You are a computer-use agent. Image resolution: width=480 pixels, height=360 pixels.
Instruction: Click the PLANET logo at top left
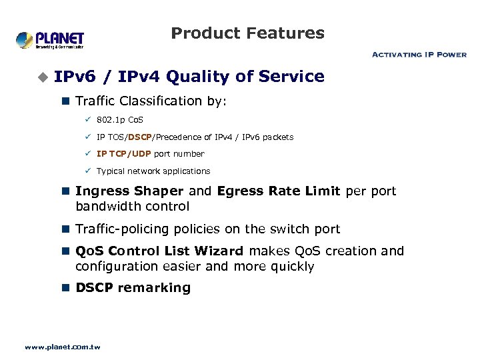50,39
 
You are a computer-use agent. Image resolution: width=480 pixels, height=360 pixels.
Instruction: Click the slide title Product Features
247,33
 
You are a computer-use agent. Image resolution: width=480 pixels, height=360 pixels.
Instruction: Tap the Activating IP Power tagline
419,55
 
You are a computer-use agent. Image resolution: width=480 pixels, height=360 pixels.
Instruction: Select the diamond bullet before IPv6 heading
43,78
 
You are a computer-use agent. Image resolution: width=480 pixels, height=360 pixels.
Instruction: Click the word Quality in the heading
193,77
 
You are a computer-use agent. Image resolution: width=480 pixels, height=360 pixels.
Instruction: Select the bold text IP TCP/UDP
124,154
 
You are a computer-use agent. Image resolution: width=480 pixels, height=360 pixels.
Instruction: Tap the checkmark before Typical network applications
87,171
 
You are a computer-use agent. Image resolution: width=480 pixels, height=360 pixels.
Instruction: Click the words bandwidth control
133,207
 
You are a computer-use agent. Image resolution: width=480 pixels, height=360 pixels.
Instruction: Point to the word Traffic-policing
123,229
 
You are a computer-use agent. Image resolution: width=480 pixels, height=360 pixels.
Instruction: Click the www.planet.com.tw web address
62,347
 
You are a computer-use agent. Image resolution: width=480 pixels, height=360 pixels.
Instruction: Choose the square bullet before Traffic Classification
65,101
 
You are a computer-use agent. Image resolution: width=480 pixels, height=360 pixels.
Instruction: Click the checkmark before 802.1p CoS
87,120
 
